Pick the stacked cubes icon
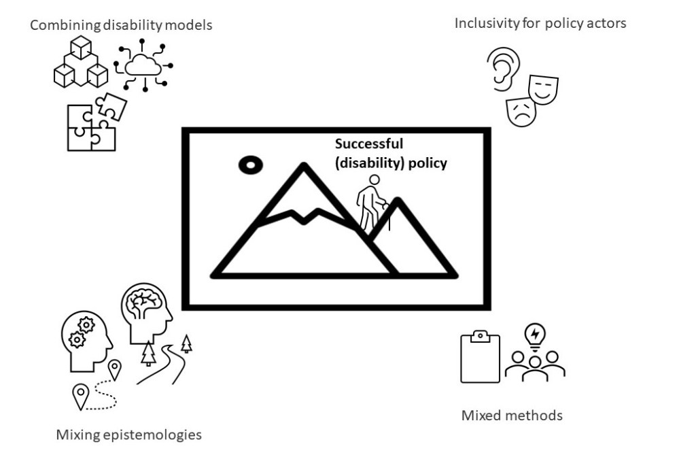click(81, 63)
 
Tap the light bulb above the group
click(536, 335)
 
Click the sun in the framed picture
click(249, 164)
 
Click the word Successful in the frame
click(368, 144)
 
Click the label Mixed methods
click(512, 415)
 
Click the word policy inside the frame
click(427, 163)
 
